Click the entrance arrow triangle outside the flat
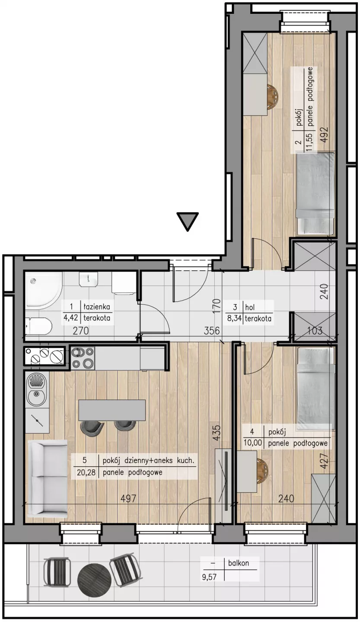(x=188, y=221)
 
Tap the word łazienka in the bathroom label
(x=97, y=307)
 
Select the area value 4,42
(x=71, y=317)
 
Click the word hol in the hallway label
(x=250, y=307)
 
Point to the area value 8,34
(x=234, y=318)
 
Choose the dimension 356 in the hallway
(x=212, y=331)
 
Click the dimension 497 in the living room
(x=128, y=498)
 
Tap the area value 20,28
(x=86, y=473)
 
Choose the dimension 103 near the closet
(x=315, y=330)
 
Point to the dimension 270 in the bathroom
(x=80, y=331)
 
